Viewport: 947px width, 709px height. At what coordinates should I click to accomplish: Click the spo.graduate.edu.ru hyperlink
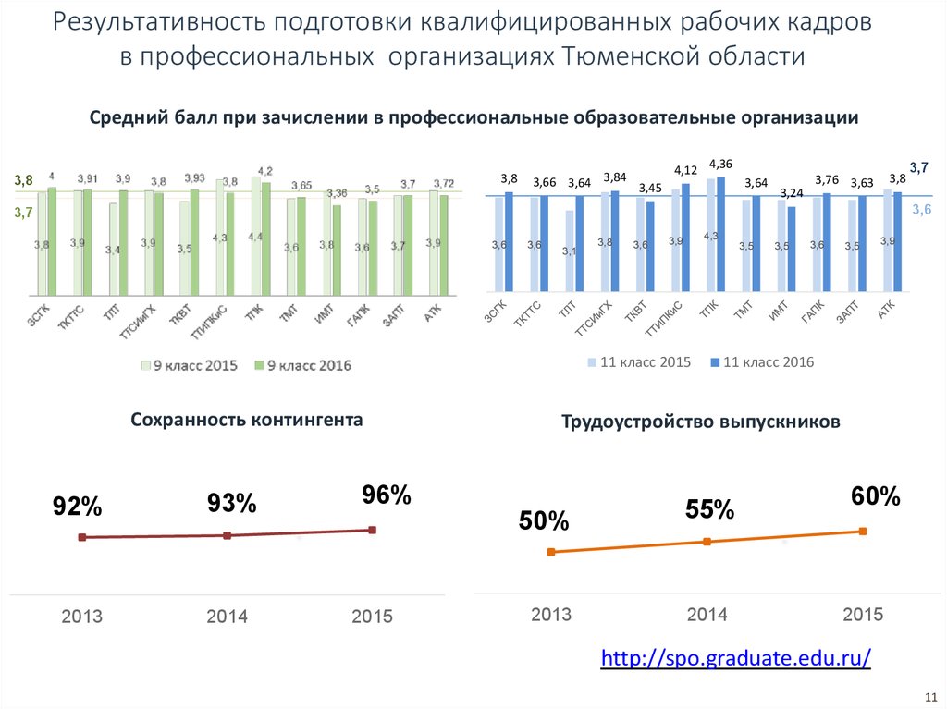click(736, 658)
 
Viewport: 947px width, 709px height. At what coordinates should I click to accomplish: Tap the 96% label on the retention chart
click(387, 495)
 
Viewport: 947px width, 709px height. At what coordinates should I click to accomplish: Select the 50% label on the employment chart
click(544, 521)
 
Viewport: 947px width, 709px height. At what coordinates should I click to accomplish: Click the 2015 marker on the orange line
click(863, 531)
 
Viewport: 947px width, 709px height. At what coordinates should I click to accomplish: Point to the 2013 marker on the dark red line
click(82, 537)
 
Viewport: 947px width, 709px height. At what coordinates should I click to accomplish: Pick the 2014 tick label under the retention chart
click(227, 617)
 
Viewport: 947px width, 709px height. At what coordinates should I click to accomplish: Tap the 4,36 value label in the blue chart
click(720, 164)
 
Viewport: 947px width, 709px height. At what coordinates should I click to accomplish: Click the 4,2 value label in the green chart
click(265, 171)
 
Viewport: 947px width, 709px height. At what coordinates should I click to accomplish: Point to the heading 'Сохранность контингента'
click(246, 420)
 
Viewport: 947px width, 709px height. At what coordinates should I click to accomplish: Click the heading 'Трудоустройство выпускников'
click(701, 422)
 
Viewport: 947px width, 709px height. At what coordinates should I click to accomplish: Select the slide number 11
click(930, 695)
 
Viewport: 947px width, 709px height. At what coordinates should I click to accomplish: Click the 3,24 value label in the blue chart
click(792, 193)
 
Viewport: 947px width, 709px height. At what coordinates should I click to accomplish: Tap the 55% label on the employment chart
click(709, 509)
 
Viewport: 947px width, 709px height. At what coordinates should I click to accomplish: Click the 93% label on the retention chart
click(231, 504)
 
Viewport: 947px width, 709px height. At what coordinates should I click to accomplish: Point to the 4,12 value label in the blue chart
click(685, 170)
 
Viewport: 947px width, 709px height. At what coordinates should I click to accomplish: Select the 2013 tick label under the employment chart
click(551, 615)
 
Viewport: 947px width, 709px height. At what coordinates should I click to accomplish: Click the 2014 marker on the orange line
click(707, 542)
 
